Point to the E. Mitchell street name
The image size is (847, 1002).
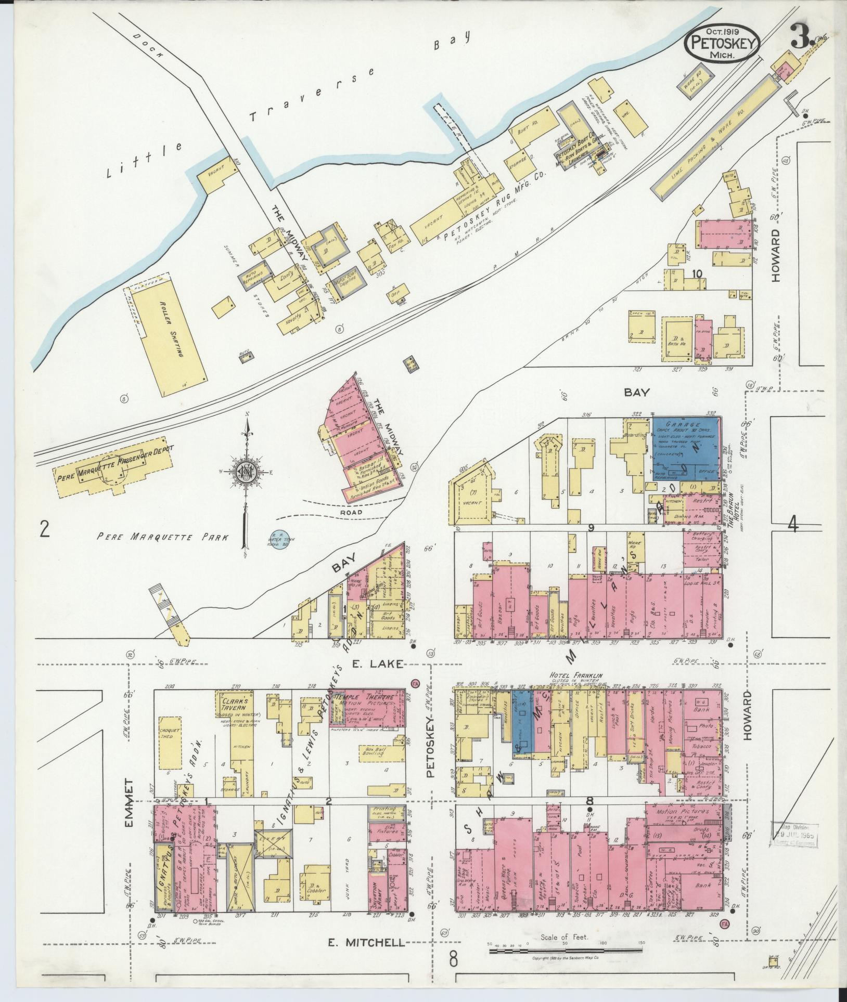[x=367, y=941]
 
